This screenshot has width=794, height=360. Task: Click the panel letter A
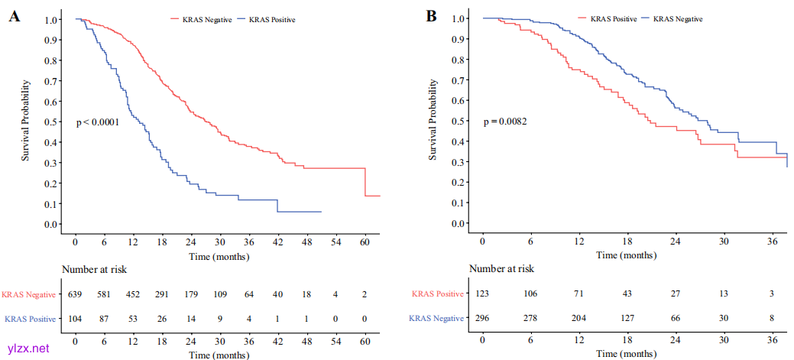(14, 17)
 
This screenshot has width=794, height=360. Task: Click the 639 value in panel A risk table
(76, 294)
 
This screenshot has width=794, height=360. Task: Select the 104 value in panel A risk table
(76, 318)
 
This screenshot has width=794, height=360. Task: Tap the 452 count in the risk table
(133, 294)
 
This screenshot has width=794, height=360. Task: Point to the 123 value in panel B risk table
(483, 294)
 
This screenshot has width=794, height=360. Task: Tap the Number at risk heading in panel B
(501, 268)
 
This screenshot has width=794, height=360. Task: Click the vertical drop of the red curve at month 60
(365, 182)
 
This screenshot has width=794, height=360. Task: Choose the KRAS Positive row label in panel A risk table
(31, 318)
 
